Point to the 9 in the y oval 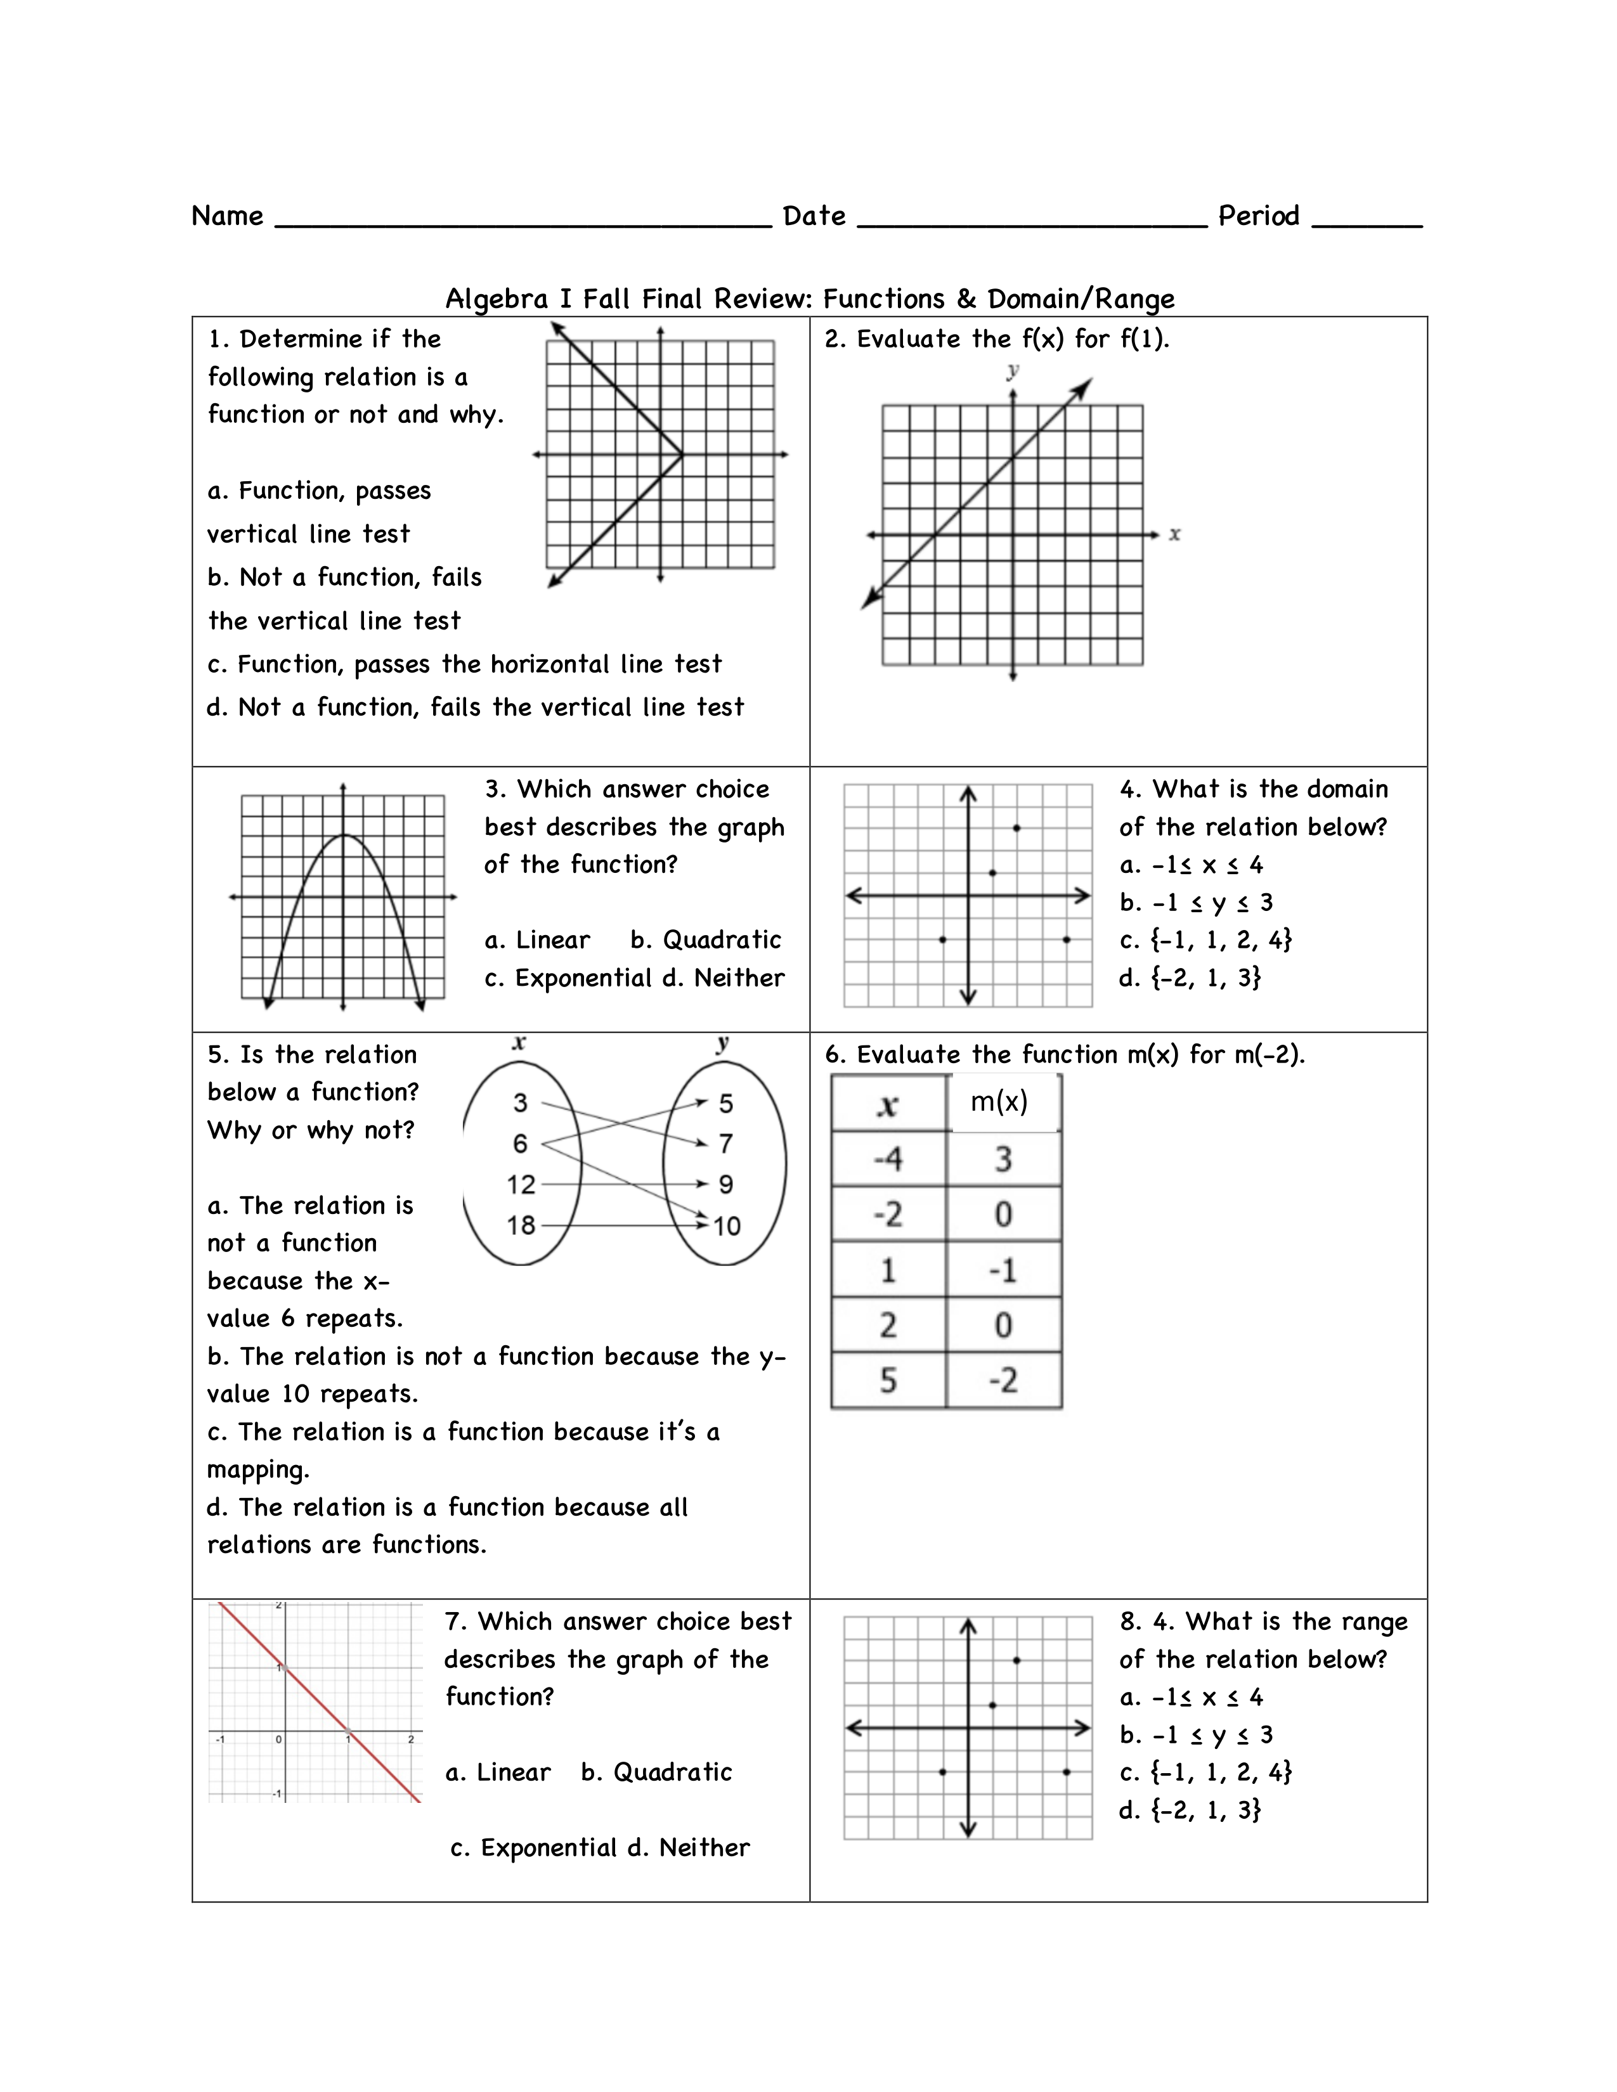[x=726, y=1185]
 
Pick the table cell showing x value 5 [x=888, y=1380]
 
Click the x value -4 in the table [x=888, y=1159]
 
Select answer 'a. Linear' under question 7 [x=498, y=1772]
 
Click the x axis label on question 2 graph [x=1174, y=534]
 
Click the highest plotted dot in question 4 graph [x=1016, y=827]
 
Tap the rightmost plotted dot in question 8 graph [x=1066, y=1772]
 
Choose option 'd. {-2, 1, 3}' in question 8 [x=1190, y=1809]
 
